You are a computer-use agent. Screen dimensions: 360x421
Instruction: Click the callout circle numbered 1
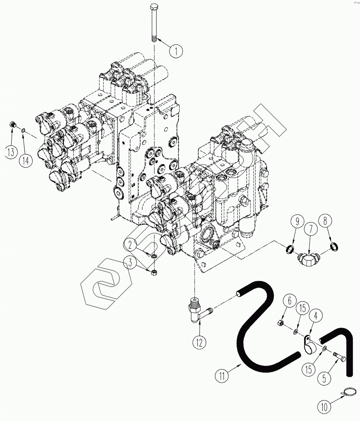[x=176, y=51]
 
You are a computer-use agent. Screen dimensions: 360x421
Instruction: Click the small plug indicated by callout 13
[x=13, y=125]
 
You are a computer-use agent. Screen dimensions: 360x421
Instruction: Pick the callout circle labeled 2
[x=131, y=244]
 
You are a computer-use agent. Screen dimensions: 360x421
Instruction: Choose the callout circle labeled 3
[x=131, y=263]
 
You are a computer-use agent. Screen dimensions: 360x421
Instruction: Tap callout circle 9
[x=297, y=221]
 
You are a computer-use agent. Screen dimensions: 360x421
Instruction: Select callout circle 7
[x=311, y=230]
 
